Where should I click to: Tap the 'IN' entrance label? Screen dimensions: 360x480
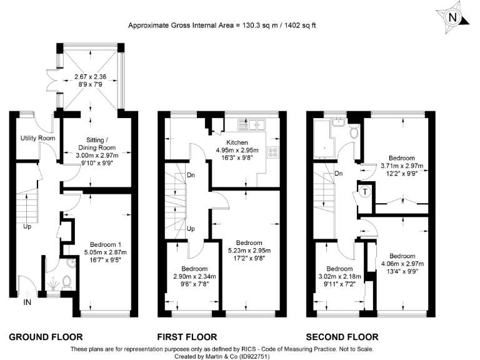pos(27,302)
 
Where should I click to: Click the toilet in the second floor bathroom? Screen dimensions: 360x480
pos(354,132)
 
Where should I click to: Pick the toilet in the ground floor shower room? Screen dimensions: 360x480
pos(69,282)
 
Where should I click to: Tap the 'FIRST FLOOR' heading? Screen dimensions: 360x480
pos(187,337)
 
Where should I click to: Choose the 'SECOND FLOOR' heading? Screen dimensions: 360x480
pos(342,337)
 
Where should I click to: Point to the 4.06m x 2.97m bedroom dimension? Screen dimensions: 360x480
pos(401,264)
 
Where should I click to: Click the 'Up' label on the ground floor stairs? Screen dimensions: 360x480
pos(27,226)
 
